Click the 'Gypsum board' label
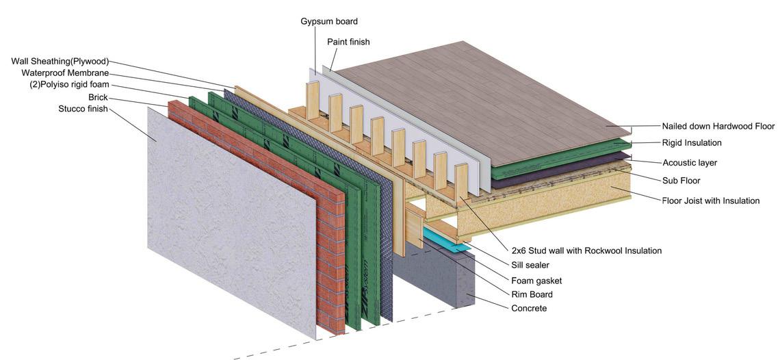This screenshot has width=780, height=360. pos(328,21)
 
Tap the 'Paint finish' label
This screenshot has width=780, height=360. pos(348,42)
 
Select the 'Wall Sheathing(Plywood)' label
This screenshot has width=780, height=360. pos(60,62)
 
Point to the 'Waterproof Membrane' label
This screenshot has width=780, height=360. pos(65,73)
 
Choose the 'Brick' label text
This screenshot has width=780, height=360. pos(98,98)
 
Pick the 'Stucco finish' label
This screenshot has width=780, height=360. pos(83,109)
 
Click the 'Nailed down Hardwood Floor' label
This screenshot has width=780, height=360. pos(718,126)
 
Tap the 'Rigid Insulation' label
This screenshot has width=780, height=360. pos(691,143)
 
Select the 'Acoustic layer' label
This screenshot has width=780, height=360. pos(690,163)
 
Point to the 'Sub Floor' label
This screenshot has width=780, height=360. pos(681,181)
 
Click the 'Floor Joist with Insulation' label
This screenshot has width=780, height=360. pos(710,201)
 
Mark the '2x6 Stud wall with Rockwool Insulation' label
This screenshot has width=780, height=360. pos(586,250)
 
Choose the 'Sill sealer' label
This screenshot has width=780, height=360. pos(530,265)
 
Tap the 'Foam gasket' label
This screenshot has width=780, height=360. pos(536,281)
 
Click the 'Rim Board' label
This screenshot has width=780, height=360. pos(532,294)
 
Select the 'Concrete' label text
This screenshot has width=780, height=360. pos(529,309)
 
